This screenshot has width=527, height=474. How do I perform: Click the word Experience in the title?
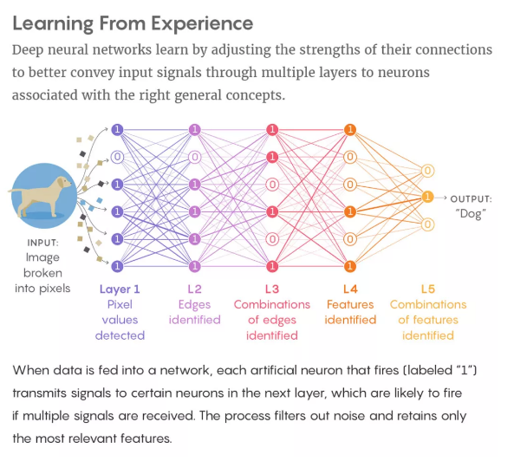[202, 24]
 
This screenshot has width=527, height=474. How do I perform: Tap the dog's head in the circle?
[63, 183]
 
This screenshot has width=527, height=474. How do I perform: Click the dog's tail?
[16, 191]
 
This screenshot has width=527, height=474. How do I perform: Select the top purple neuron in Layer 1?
[117, 130]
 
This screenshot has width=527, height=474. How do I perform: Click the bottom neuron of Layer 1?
[117, 266]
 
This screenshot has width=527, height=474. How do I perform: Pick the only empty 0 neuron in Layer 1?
[117, 157]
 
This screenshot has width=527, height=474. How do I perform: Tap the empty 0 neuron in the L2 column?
[195, 157]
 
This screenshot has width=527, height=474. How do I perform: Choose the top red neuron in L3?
[272, 130]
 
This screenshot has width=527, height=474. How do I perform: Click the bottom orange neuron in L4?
[350, 266]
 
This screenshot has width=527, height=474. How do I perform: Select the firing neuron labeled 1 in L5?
[427, 197]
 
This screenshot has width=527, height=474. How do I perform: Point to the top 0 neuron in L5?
[427, 171]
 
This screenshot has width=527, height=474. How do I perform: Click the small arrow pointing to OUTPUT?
[440, 198]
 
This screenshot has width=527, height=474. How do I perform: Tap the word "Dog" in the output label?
[471, 214]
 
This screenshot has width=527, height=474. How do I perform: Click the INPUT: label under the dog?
[42, 243]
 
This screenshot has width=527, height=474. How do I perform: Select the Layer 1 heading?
[120, 289]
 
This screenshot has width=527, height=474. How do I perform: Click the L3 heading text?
[272, 289]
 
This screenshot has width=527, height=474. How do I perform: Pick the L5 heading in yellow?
[428, 289]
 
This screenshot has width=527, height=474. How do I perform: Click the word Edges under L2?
[194, 305]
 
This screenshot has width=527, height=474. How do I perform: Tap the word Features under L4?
[350, 304]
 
